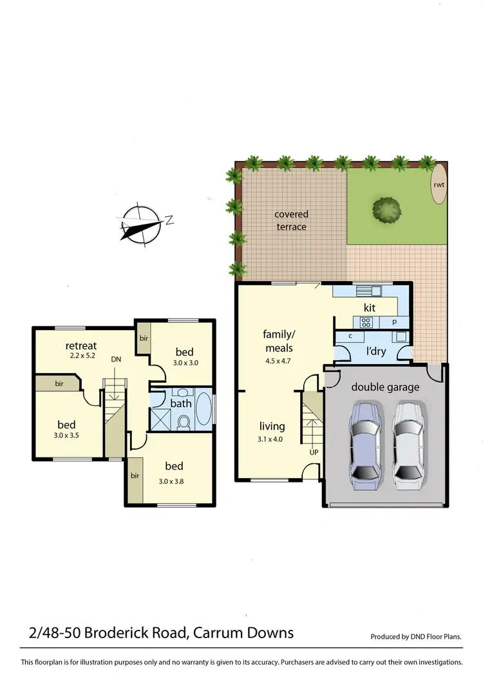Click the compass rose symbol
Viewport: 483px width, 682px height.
tap(141, 225)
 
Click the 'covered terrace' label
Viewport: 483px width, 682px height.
tap(291, 220)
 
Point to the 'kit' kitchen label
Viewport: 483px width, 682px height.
tap(370, 308)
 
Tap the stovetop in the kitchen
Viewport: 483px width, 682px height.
tap(366, 322)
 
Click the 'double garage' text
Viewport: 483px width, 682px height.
tap(385, 387)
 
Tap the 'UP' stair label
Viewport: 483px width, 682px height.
tap(315, 452)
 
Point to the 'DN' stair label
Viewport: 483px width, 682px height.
tap(116, 359)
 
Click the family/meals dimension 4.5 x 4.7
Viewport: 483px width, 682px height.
tap(278, 361)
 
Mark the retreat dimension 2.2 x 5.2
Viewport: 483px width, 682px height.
tap(84, 355)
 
